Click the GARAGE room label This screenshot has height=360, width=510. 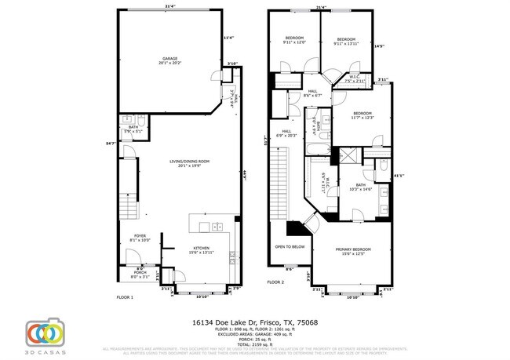tap(169, 60)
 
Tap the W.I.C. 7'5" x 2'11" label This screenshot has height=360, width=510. tap(355, 78)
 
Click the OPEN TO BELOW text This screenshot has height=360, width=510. tap(290, 246)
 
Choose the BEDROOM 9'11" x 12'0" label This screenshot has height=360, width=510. tap(294, 40)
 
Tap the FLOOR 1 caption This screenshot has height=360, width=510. tap(125, 298)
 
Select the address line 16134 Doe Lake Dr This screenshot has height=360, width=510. tap(255, 321)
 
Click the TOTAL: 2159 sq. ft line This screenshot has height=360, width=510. tap(255, 342)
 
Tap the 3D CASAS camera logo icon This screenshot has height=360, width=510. tap(44, 333)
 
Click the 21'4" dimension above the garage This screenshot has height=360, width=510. tap(169, 7)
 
